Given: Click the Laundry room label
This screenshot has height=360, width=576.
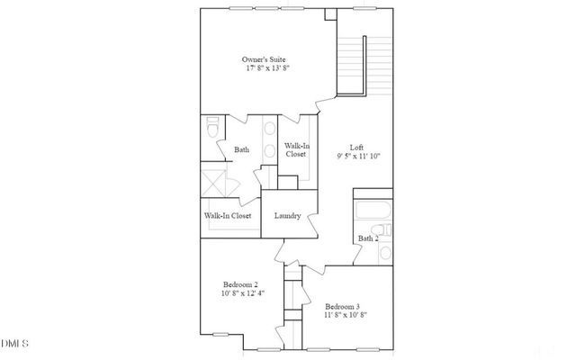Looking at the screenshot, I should (287, 216).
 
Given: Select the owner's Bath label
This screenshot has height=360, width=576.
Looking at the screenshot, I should (241, 149).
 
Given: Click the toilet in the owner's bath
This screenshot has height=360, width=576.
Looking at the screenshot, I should (213, 128).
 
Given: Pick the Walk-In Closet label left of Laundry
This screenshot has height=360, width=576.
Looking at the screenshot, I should (228, 216).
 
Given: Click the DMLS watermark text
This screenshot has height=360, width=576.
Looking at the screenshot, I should (15, 344).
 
